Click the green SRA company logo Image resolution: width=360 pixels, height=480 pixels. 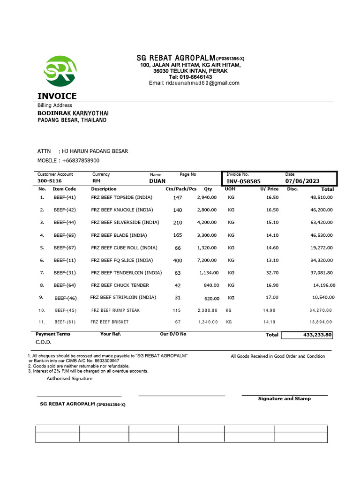60,71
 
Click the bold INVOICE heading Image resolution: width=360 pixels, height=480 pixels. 57,96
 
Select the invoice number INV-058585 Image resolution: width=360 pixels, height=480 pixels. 243,181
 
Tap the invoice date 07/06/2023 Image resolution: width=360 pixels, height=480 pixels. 302,181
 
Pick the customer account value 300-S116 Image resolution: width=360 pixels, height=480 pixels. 49,180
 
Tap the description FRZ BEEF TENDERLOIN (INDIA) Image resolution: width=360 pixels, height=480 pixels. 126,272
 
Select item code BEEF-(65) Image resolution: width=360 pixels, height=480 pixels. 65,235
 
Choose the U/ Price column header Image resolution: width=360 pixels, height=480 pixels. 269,189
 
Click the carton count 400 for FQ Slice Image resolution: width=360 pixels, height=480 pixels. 178,260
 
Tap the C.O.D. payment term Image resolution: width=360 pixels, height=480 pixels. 44,342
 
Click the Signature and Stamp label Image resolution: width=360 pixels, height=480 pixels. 284,398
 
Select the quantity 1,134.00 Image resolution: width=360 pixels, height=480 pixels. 208,272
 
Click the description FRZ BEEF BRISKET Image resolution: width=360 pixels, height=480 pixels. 109,322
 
